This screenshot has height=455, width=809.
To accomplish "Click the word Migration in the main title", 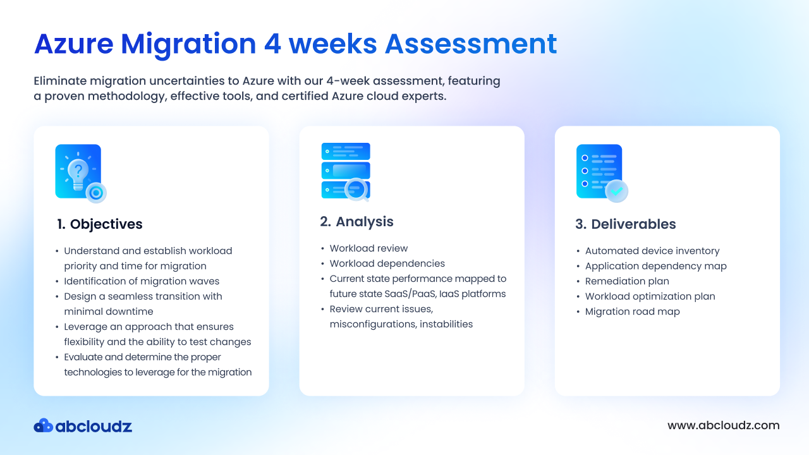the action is click(x=188, y=44).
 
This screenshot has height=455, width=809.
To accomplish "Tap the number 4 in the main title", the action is click(x=272, y=44).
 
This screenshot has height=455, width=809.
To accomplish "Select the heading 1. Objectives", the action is click(x=100, y=224).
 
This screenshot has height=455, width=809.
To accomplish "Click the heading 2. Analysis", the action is click(x=356, y=222).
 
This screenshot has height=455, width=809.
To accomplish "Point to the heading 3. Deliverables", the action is click(x=626, y=224).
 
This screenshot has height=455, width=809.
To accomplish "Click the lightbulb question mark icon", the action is click(x=81, y=173).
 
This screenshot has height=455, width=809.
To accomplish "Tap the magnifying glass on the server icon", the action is click(x=357, y=189).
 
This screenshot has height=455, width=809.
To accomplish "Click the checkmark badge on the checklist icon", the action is click(x=616, y=191).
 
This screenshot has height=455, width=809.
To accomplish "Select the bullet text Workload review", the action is click(x=368, y=248).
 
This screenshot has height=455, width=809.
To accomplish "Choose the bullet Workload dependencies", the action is click(x=387, y=264).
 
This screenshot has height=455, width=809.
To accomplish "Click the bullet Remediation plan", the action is click(x=627, y=281).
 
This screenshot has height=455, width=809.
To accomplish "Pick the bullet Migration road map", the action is click(x=633, y=312).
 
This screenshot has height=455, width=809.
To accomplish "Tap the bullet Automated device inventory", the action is click(x=652, y=251).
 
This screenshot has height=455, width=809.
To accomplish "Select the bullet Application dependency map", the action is click(x=656, y=266).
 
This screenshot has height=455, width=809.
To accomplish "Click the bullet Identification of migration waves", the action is click(x=142, y=281).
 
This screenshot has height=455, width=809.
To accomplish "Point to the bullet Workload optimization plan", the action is click(x=650, y=296).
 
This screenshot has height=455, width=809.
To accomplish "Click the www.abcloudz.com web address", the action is click(x=724, y=425).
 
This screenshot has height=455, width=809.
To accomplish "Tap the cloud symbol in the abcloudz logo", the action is click(x=44, y=426).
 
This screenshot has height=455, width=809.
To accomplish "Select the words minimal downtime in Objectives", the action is click(x=109, y=312).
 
